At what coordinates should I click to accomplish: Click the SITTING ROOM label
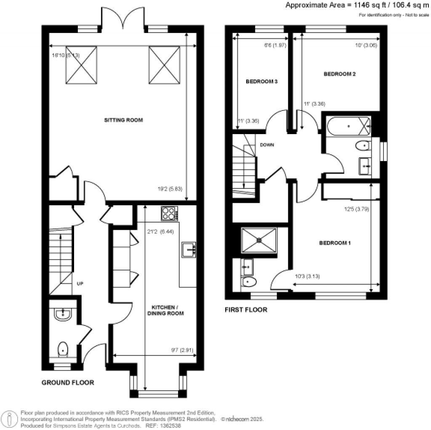(x=123, y=120)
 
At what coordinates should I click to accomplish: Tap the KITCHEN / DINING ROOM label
(x=167, y=310)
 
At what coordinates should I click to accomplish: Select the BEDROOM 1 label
(x=335, y=243)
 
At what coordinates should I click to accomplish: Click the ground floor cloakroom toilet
(x=62, y=349)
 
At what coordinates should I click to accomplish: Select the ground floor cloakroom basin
(x=64, y=313)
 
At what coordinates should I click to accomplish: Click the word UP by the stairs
(x=80, y=283)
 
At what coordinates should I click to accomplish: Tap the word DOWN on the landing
(x=267, y=145)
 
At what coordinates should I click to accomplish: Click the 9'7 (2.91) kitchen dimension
(x=182, y=349)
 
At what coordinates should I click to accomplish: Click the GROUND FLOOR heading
(x=67, y=383)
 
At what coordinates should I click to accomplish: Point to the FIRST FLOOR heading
(x=246, y=310)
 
